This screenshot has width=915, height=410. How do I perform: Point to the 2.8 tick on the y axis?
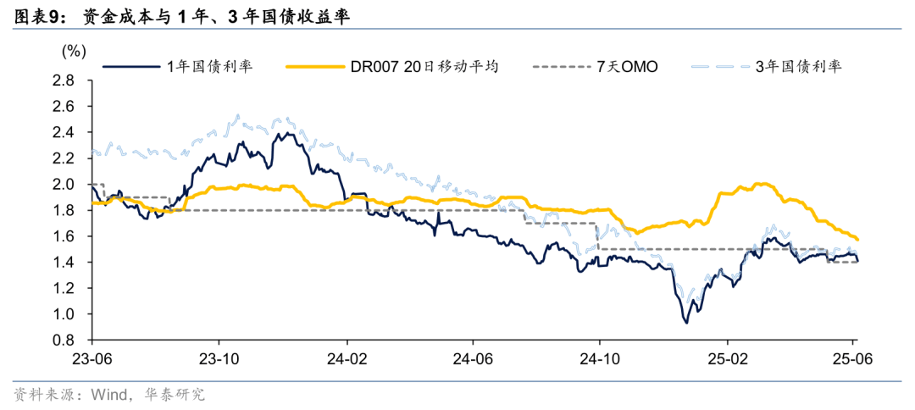pyautogui.click(x=63, y=81)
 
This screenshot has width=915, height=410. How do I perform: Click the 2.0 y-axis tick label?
pyautogui.click(x=63, y=185)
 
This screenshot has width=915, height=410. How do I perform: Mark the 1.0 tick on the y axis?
pyautogui.click(x=63, y=314)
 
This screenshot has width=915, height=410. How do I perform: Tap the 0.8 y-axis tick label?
pyautogui.click(x=63, y=341)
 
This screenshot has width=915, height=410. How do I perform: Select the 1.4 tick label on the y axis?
pyautogui.click(x=63, y=263)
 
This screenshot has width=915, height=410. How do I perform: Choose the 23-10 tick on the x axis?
pyautogui.click(x=219, y=357)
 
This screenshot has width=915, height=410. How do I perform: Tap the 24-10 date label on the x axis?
pyautogui.click(x=600, y=357)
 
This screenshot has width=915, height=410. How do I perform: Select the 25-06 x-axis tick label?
pyautogui.click(x=852, y=357)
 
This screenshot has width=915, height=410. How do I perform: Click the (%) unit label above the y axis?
pyautogui.click(x=74, y=51)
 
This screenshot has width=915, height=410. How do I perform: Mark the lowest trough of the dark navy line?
pyautogui.click(x=685, y=322)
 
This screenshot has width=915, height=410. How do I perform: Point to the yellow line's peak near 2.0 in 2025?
pyautogui.click(x=760, y=184)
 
